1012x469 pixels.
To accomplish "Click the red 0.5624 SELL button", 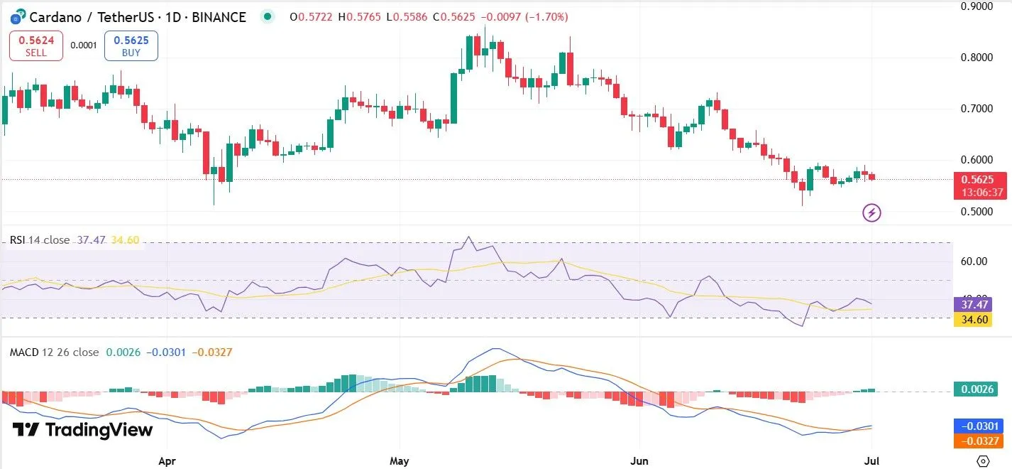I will [x=36, y=45].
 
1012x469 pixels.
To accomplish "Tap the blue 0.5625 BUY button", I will [x=131, y=45].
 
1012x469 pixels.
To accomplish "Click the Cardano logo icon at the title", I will [x=15, y=16].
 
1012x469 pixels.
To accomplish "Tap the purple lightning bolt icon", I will [x=871, y=212].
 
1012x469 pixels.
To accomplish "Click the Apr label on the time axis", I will [x=167, y=460].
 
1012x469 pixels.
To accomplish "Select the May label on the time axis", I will [x=400, y=460].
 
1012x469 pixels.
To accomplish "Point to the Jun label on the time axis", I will [x=640, y=460].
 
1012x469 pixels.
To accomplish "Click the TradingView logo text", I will [x=83, y=430].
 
